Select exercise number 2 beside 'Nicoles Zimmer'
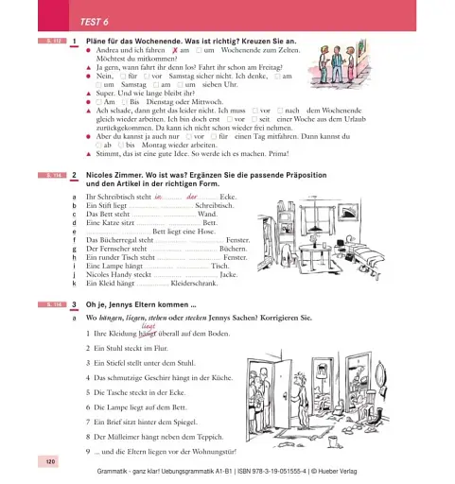(74, 176)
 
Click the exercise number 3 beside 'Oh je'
(74, 303)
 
